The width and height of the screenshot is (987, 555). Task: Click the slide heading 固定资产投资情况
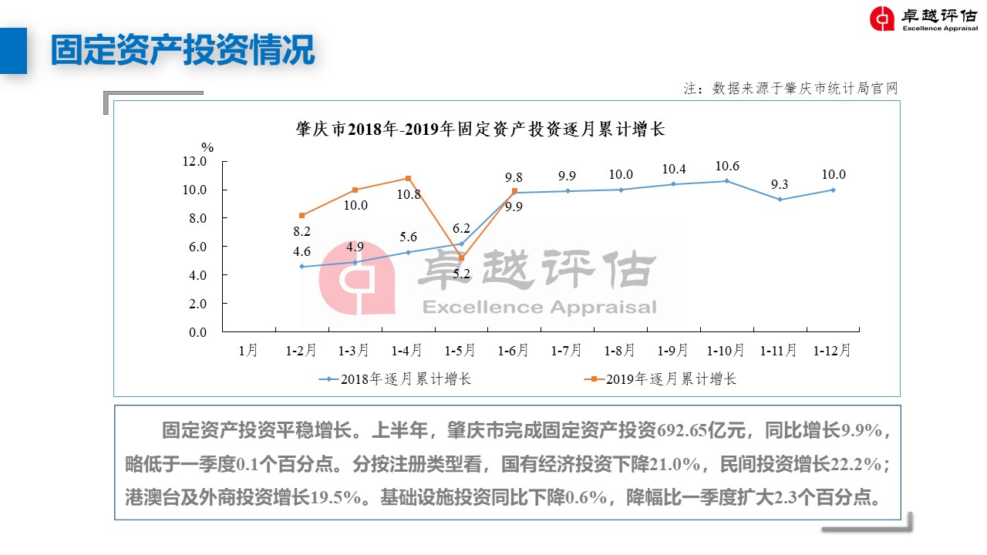tap(183, 50)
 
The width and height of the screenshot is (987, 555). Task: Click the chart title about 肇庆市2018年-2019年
tap(480, 129)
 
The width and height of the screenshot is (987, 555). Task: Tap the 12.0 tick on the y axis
tap(194, 161)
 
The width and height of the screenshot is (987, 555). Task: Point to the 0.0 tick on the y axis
tap(194, 332)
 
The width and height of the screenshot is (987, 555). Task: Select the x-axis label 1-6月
tap(514, 351)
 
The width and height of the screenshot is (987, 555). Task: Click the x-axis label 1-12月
tap(833, 351)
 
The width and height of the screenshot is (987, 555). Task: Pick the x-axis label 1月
tap(248, 351)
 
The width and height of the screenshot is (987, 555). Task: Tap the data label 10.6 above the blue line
tap(726, 166)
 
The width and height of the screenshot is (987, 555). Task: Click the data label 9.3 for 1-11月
tap(780, 184)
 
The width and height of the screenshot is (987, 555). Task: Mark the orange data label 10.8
tap(409, 194)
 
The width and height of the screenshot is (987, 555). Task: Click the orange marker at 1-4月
tap(408, 178)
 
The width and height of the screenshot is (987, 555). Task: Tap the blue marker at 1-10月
tap(726, 181)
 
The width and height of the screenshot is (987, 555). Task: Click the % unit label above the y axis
tap(207, 146)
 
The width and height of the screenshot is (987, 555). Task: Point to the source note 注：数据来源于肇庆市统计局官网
tap(790, 89)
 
